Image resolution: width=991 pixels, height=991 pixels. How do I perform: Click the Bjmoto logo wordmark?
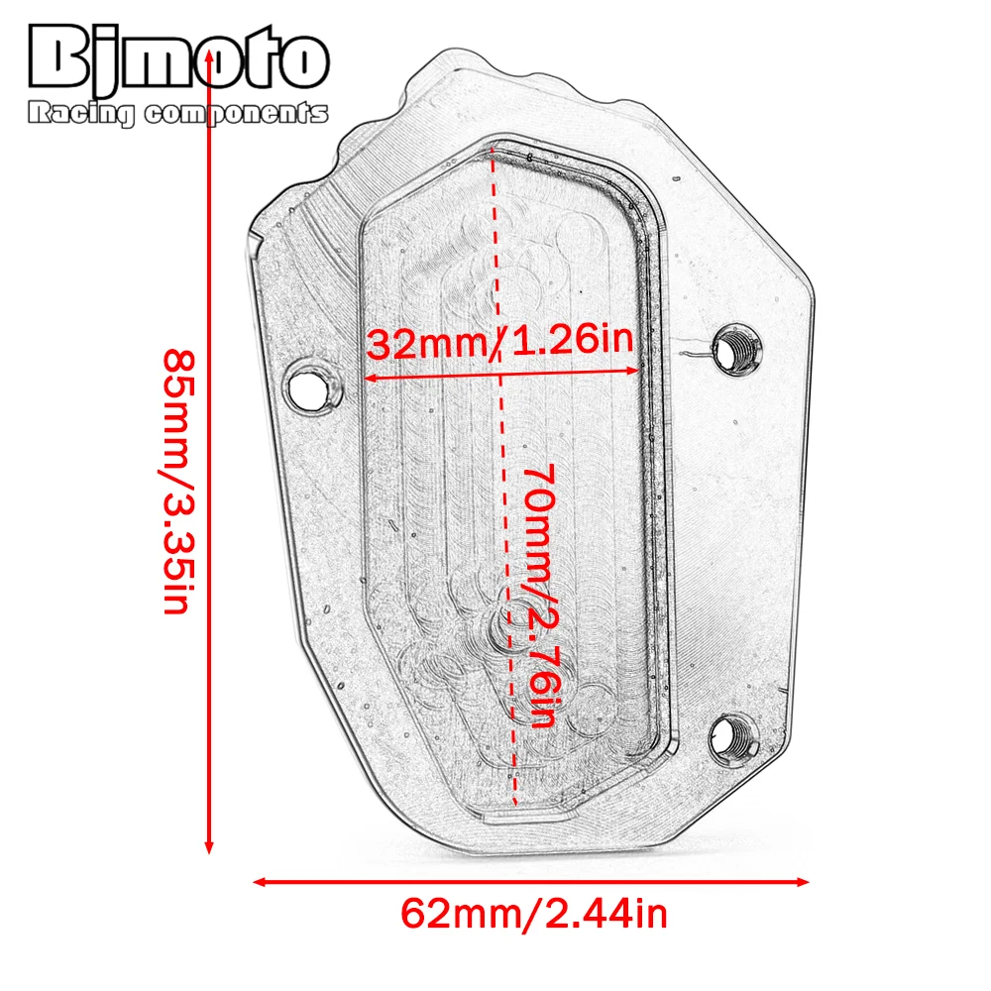179,62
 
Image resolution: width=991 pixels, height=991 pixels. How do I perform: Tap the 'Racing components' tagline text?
179,115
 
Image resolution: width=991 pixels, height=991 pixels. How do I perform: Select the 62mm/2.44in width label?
534,912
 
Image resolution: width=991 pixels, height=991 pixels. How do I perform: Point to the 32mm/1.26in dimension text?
499,344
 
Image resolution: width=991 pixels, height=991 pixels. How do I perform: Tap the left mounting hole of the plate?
309,385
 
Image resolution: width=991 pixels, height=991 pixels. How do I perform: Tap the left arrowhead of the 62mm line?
260,880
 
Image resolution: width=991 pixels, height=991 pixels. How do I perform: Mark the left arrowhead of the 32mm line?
371,377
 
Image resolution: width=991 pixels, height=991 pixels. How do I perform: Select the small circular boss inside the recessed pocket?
514,625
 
